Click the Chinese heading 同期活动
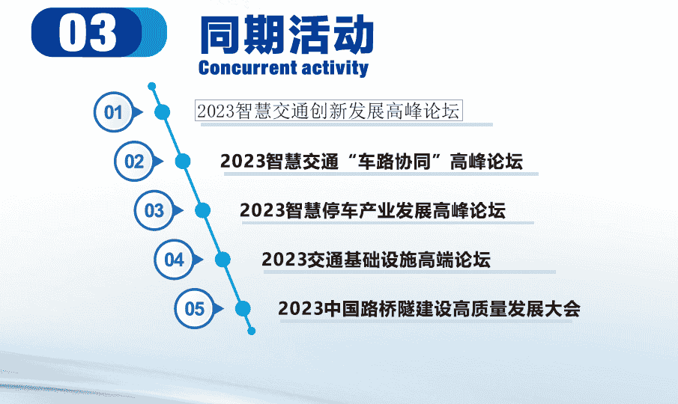coord(286,34)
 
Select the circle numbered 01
coord(113,113)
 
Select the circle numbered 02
coord(133,162)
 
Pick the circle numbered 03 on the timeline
coord(154,210)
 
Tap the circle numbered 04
coord(174,260)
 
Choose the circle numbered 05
coord(194,308)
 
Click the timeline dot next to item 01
coord(163,113)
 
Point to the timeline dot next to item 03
coord(202,210)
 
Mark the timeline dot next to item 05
coord(243,308)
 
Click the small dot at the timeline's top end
coord(152,86)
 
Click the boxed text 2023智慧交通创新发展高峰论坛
coord(328,111)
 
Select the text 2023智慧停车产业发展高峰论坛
coord(372,210)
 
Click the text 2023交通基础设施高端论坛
coord(376,260)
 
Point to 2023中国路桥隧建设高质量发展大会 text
coord(429,308)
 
